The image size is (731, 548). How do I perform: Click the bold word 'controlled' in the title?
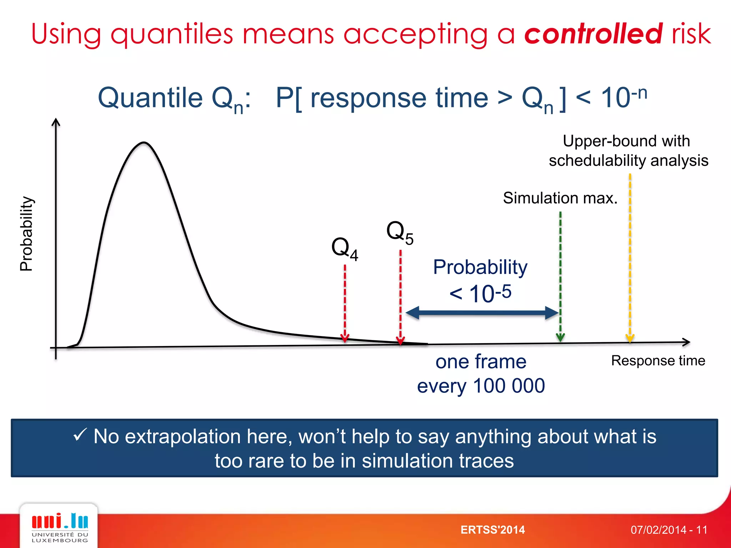point(593,34)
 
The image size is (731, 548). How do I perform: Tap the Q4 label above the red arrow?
point(344,248)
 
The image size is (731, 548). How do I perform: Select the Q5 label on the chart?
point(399,232)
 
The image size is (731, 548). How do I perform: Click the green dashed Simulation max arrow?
point(560,275)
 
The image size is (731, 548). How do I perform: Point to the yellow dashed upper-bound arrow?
point(630,257)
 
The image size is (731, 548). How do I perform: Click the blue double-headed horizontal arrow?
point(482,313)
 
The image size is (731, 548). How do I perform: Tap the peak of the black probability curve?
point(143,143)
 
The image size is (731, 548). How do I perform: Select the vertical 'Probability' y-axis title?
point(26,234)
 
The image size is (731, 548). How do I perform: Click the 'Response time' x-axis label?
point(658,361)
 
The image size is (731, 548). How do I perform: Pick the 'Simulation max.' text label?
point(560,198)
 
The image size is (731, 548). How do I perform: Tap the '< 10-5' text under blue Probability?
point(480,294)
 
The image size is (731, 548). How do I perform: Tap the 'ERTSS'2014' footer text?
point(493,530)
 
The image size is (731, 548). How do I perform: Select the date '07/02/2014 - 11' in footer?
point(669,530)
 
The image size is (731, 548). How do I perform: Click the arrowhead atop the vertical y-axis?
point(56,122)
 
